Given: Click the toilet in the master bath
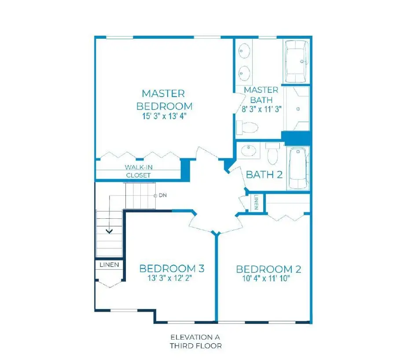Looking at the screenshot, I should point(246,128).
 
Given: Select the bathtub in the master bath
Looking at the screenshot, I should point(297,62).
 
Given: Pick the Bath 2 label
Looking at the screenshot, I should point(264,174).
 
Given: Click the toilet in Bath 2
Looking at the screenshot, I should point(273,154).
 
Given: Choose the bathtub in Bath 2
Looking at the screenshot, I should point(298,168).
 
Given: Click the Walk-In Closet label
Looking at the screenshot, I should point(139,171).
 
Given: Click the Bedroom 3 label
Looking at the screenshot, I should point(172,268).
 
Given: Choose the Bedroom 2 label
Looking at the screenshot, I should point(268,269).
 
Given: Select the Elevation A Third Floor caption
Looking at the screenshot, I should point(196,342).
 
